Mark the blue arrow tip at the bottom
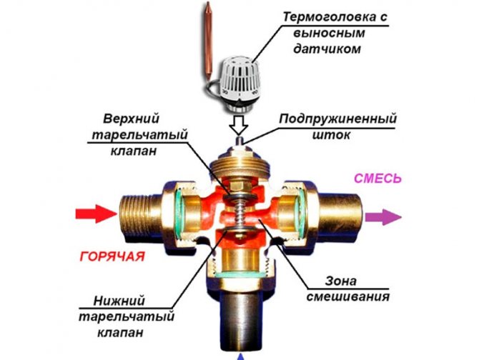click(x=240, y=355)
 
